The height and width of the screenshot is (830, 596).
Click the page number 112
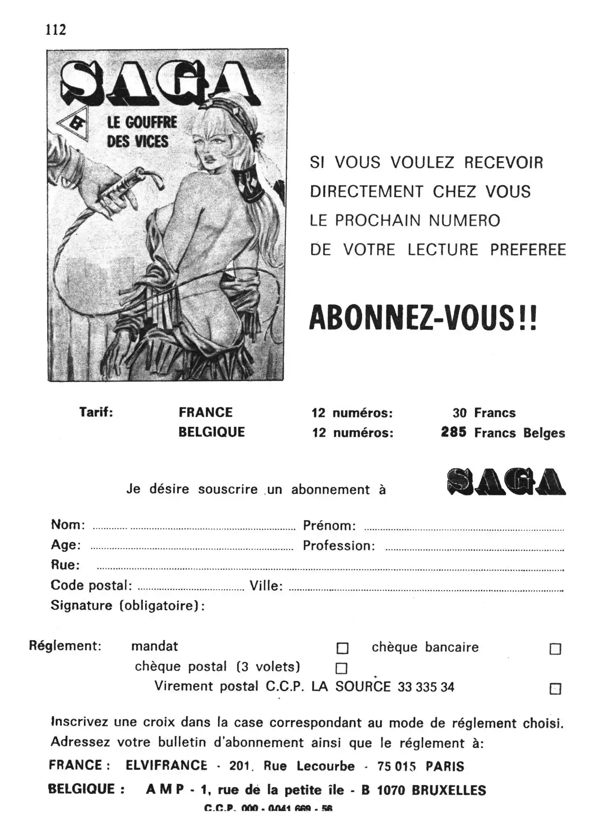coord(56,30)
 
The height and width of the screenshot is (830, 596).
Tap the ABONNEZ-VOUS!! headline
coord(423,318)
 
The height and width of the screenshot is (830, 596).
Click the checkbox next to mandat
coord(342,648)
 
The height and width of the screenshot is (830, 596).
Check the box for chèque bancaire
coord(555,649)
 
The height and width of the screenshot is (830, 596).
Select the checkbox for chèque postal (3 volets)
coord(341,668)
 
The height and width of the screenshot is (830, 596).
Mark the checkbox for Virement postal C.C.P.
coord(555,689)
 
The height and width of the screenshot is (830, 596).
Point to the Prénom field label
coord(329,526)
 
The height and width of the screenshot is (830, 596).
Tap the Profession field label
coord(339,546)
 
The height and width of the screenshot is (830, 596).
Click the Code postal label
coord(91,585)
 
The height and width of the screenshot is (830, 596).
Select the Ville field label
coord(266,586)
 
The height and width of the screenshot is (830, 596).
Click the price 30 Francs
coord(484,413)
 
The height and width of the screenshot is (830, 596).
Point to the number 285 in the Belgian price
coord(454,432)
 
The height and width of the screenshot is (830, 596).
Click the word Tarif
coord(96,412)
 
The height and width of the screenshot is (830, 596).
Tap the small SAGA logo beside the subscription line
coord(506,482)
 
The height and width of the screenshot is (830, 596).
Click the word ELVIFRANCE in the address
coord(166,765)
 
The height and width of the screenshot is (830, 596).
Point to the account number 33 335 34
coord(426,687)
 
